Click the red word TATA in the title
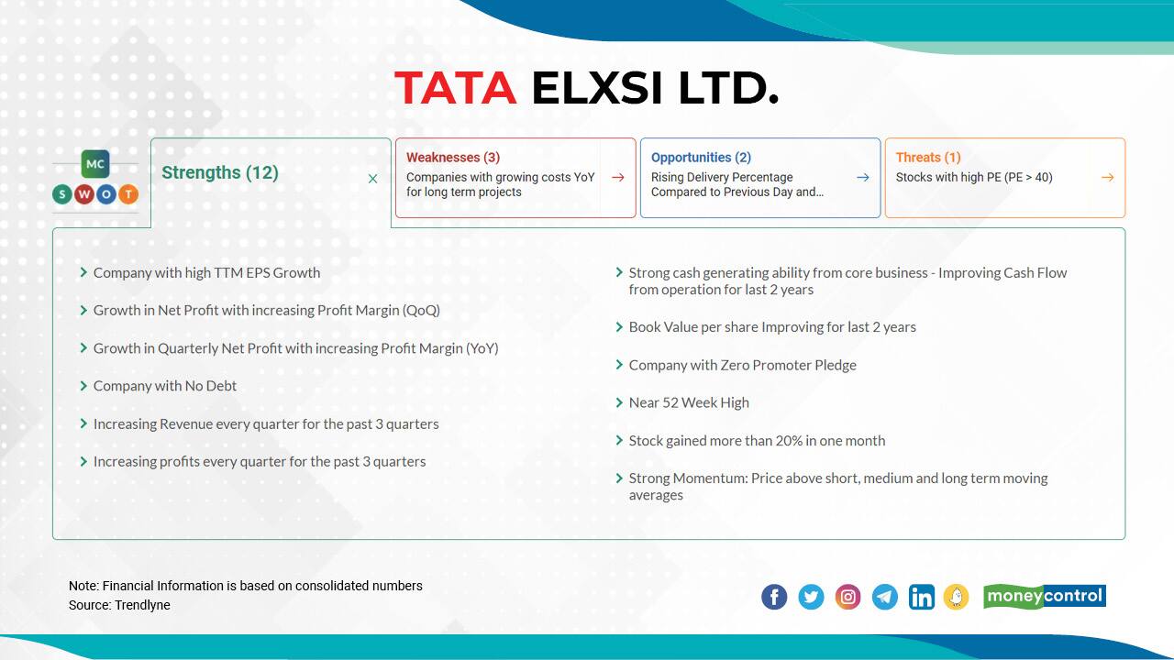coord(455,88)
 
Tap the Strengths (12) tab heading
coord(220,172)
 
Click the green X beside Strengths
coord(372,179)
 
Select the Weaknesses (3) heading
coord(453,158)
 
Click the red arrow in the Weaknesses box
coord(618,178)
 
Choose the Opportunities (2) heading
coord(701,158)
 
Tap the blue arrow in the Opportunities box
coord(863,178)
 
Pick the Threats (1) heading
coord(928,158)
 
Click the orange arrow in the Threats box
coord(1108,178)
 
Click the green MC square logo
coord(95,164)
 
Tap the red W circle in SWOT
coord(84,194)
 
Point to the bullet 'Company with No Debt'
coord(165,386)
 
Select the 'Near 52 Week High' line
coord(689,402)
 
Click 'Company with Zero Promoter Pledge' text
coord(742,365)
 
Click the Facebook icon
coord(774,598)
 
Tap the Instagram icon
coord(848,598)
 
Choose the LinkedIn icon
coord(922,598)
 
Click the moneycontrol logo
coord(1045,597)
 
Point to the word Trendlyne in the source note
coord(142,605)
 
